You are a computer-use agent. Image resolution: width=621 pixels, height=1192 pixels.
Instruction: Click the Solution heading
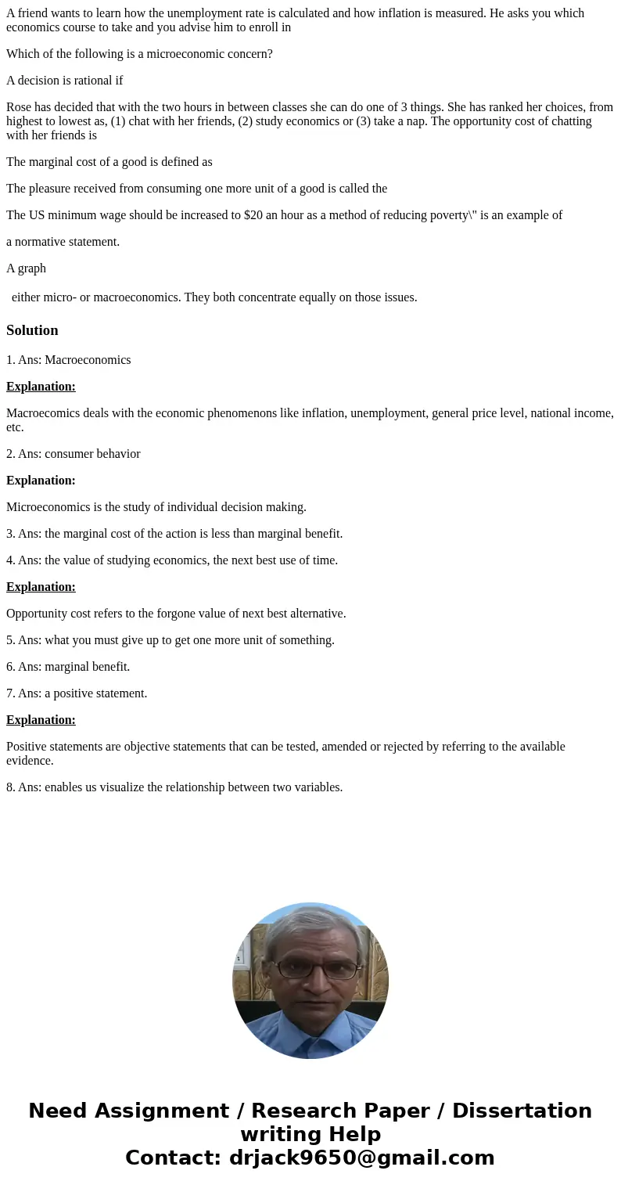pos(32,330)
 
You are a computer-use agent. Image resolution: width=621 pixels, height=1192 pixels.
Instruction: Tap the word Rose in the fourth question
pos(20,107)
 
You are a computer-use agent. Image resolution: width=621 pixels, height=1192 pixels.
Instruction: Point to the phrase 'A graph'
pos(26,268)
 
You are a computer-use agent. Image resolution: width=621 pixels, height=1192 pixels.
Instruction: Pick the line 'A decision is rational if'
pos(64,81)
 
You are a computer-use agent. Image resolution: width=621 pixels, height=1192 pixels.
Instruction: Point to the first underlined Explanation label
pos(41,387)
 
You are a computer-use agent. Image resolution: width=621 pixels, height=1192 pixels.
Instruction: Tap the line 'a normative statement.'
pos(63,242)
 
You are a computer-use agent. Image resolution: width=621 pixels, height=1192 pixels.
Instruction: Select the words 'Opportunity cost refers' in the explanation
pos(69,614)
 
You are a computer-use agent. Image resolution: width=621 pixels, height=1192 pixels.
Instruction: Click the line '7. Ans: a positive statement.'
pos(77,693)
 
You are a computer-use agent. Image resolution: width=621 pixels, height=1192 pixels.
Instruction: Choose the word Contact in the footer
pos(172,1158)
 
